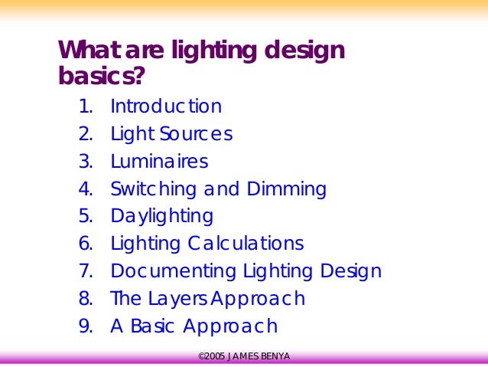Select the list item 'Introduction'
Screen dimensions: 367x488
166,106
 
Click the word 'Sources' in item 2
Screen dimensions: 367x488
197,134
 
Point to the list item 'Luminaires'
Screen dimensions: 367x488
159,162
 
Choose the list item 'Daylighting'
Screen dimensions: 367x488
161,217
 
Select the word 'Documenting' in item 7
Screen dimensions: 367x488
174,271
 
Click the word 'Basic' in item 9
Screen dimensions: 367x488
152,326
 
